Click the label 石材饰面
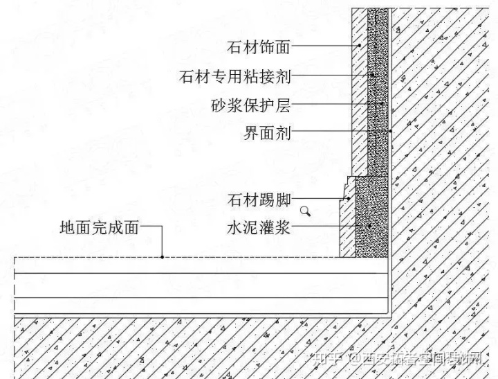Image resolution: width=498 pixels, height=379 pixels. tap(259, 48)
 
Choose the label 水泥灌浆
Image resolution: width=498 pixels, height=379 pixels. tap(259, 227)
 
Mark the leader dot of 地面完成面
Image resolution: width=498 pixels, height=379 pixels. tap(163, 257)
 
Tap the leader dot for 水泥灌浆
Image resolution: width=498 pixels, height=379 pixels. tap(370, 227)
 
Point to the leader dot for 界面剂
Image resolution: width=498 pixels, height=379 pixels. tap(390, 131)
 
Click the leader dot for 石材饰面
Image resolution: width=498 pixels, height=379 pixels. tap(360, 46)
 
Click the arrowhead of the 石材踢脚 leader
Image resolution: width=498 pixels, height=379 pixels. tap(344, 200)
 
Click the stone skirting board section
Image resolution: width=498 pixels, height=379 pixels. tap(347, 229)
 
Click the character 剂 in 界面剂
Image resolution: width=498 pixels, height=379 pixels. tap(282, 132)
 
